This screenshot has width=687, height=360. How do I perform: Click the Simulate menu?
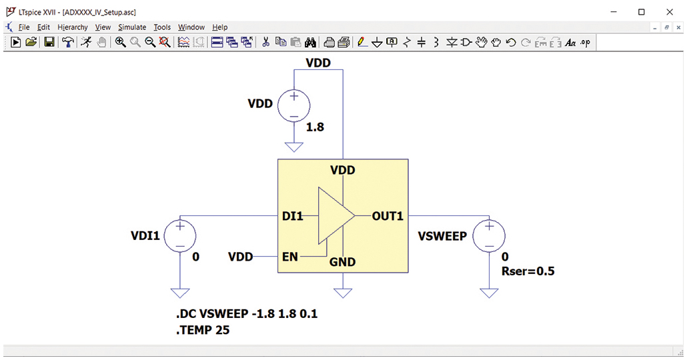pos(132,27)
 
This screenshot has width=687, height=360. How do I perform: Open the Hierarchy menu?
pos(72,27)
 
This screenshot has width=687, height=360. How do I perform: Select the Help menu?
pos(220,27)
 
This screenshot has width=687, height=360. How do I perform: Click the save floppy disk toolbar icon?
pos(49,43)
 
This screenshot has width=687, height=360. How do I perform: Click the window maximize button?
pos(641,11)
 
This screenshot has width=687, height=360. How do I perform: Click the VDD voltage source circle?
pos(293,105)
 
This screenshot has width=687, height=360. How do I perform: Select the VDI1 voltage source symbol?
pos(180,236)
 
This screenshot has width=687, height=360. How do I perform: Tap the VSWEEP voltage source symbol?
pos(489,236)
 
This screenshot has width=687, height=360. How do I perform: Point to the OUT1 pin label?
pos(387,217)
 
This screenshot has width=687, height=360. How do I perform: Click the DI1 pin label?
pos(293,217)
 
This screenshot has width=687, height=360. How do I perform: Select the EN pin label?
pos(290,257)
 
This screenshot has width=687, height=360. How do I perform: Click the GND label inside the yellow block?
pos(343,262)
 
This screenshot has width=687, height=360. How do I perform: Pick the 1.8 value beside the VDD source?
pos(315,127)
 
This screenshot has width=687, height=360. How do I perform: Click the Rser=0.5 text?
pos(528,271)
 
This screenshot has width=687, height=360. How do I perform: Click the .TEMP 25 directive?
pos(202,329)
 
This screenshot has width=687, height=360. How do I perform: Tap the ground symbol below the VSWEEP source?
pos(489,292)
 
